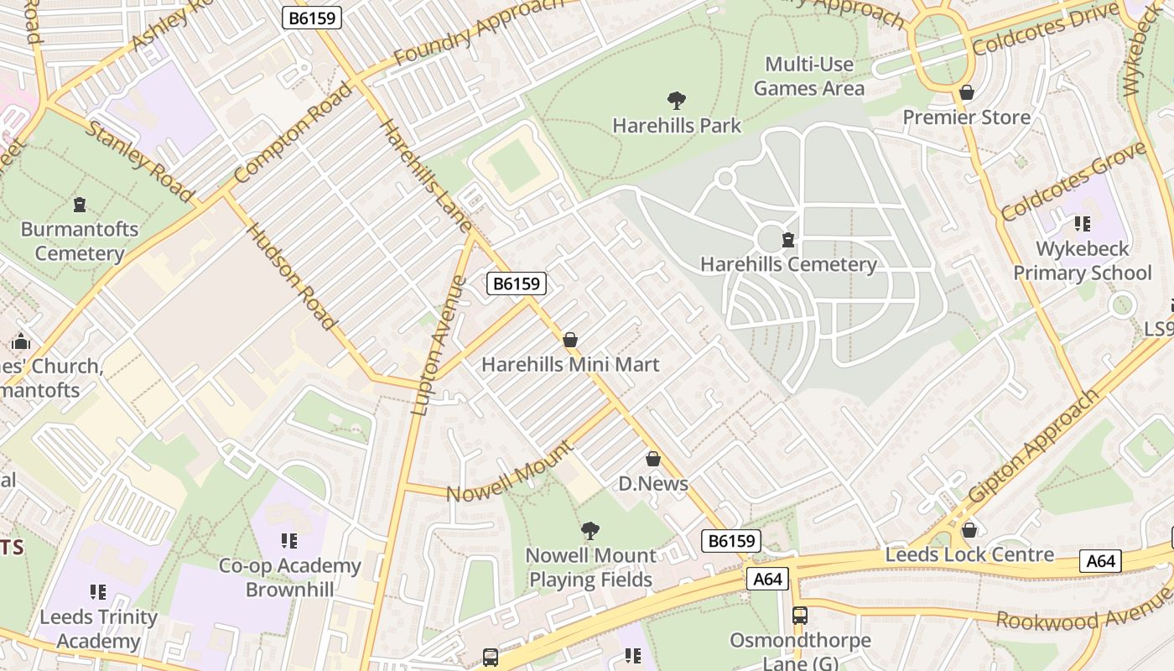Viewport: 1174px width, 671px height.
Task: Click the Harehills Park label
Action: [x=677, y=126]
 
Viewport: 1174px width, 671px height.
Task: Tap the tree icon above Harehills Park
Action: [x=677, y=101]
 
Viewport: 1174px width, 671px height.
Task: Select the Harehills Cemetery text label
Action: [x=788, y=264]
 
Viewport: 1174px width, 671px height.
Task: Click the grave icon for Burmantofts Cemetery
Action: [x=80, y=205]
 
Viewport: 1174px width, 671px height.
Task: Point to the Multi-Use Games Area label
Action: [x=809, y=76]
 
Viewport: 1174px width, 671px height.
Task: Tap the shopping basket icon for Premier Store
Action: [x=967, y=92]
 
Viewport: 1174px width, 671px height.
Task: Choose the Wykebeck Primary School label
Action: [x=1083, y=261]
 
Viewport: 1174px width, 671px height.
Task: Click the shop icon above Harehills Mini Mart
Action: [x=570, y=340]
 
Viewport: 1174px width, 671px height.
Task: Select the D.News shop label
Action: [x=653, y=483]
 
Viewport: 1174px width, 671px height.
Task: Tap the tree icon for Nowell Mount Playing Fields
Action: [x=590, y=530]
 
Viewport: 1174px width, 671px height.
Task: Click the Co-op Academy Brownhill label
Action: [x=289, y=577]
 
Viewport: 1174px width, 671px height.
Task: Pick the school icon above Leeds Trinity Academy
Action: [x=98, y=593]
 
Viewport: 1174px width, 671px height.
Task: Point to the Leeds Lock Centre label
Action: [x=969, y=554]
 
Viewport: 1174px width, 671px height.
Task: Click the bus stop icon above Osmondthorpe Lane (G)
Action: [x=800, y=616]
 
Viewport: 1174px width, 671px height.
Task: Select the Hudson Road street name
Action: [x=291, y=276]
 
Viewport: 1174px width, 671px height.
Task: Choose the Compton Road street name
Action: [x=293, y=133]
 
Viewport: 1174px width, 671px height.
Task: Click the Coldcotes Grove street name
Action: [x=1073, y=180]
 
